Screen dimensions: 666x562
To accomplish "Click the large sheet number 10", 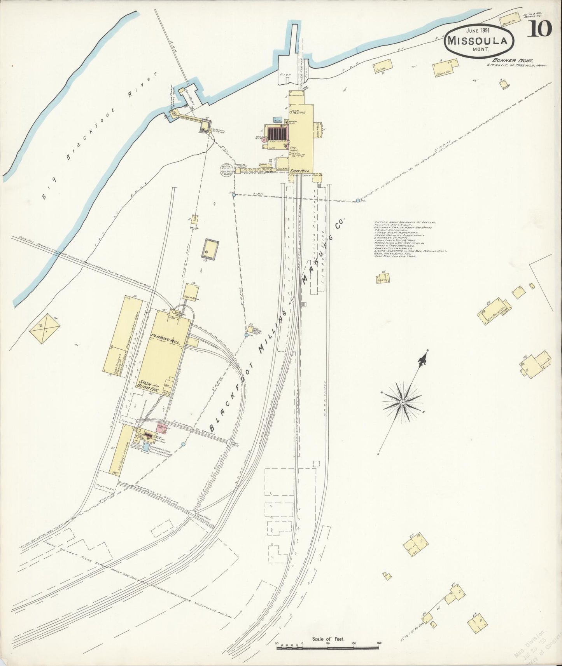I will [539, 28].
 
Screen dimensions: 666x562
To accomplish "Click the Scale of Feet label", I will [327, 638].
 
